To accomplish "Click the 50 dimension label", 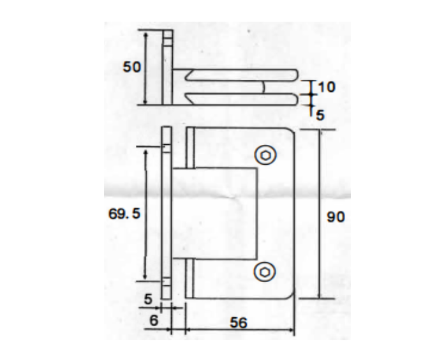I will [x=131, y=67].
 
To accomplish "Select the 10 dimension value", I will [x=325, y=86].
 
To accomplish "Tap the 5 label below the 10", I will [x=320, y=115].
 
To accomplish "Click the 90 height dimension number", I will [x=336, y=217].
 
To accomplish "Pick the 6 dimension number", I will [x=153, y=321].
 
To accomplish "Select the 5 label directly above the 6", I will [x=148, y=298].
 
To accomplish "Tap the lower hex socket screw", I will [x=264, y=272].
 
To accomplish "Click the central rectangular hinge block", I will [x=217, y=213].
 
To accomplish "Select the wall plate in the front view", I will [x=166, y=213].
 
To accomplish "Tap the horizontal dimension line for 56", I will [x=239, y=331].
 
